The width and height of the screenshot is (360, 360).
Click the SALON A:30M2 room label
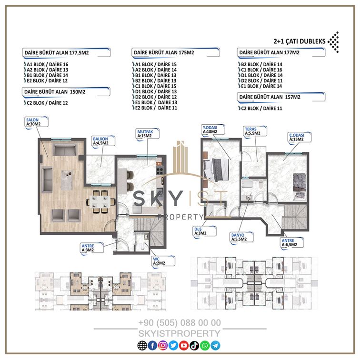click(x=36, y=122)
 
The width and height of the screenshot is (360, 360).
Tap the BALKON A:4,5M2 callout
click(x=103, y=141)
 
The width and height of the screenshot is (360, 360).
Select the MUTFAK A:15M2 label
click(x=148, y=134)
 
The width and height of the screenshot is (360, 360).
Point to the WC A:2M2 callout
click(x=163, y=261)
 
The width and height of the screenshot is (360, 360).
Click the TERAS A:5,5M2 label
click(x=255, y=131)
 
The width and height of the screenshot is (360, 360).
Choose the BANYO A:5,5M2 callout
click(x=241, y=237)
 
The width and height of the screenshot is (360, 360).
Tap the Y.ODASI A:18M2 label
click(x=213, y=130)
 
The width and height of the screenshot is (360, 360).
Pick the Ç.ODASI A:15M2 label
click(x=300, y=137)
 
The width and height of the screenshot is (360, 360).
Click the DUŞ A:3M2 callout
click(x=205, y=231)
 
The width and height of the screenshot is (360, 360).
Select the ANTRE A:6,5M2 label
click(x=292, y=243)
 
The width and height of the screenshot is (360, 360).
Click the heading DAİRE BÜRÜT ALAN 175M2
click(x=164, y=52)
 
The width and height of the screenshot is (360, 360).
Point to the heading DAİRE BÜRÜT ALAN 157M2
click(x=270, y=97)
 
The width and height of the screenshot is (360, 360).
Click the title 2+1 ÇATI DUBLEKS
click(x=300, y=41)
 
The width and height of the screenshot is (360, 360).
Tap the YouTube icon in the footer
click(x=184, y=346)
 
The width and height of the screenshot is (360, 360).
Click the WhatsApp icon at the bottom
click(x=205, y=346)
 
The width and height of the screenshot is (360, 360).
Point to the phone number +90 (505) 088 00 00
click(x=180, y=323)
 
